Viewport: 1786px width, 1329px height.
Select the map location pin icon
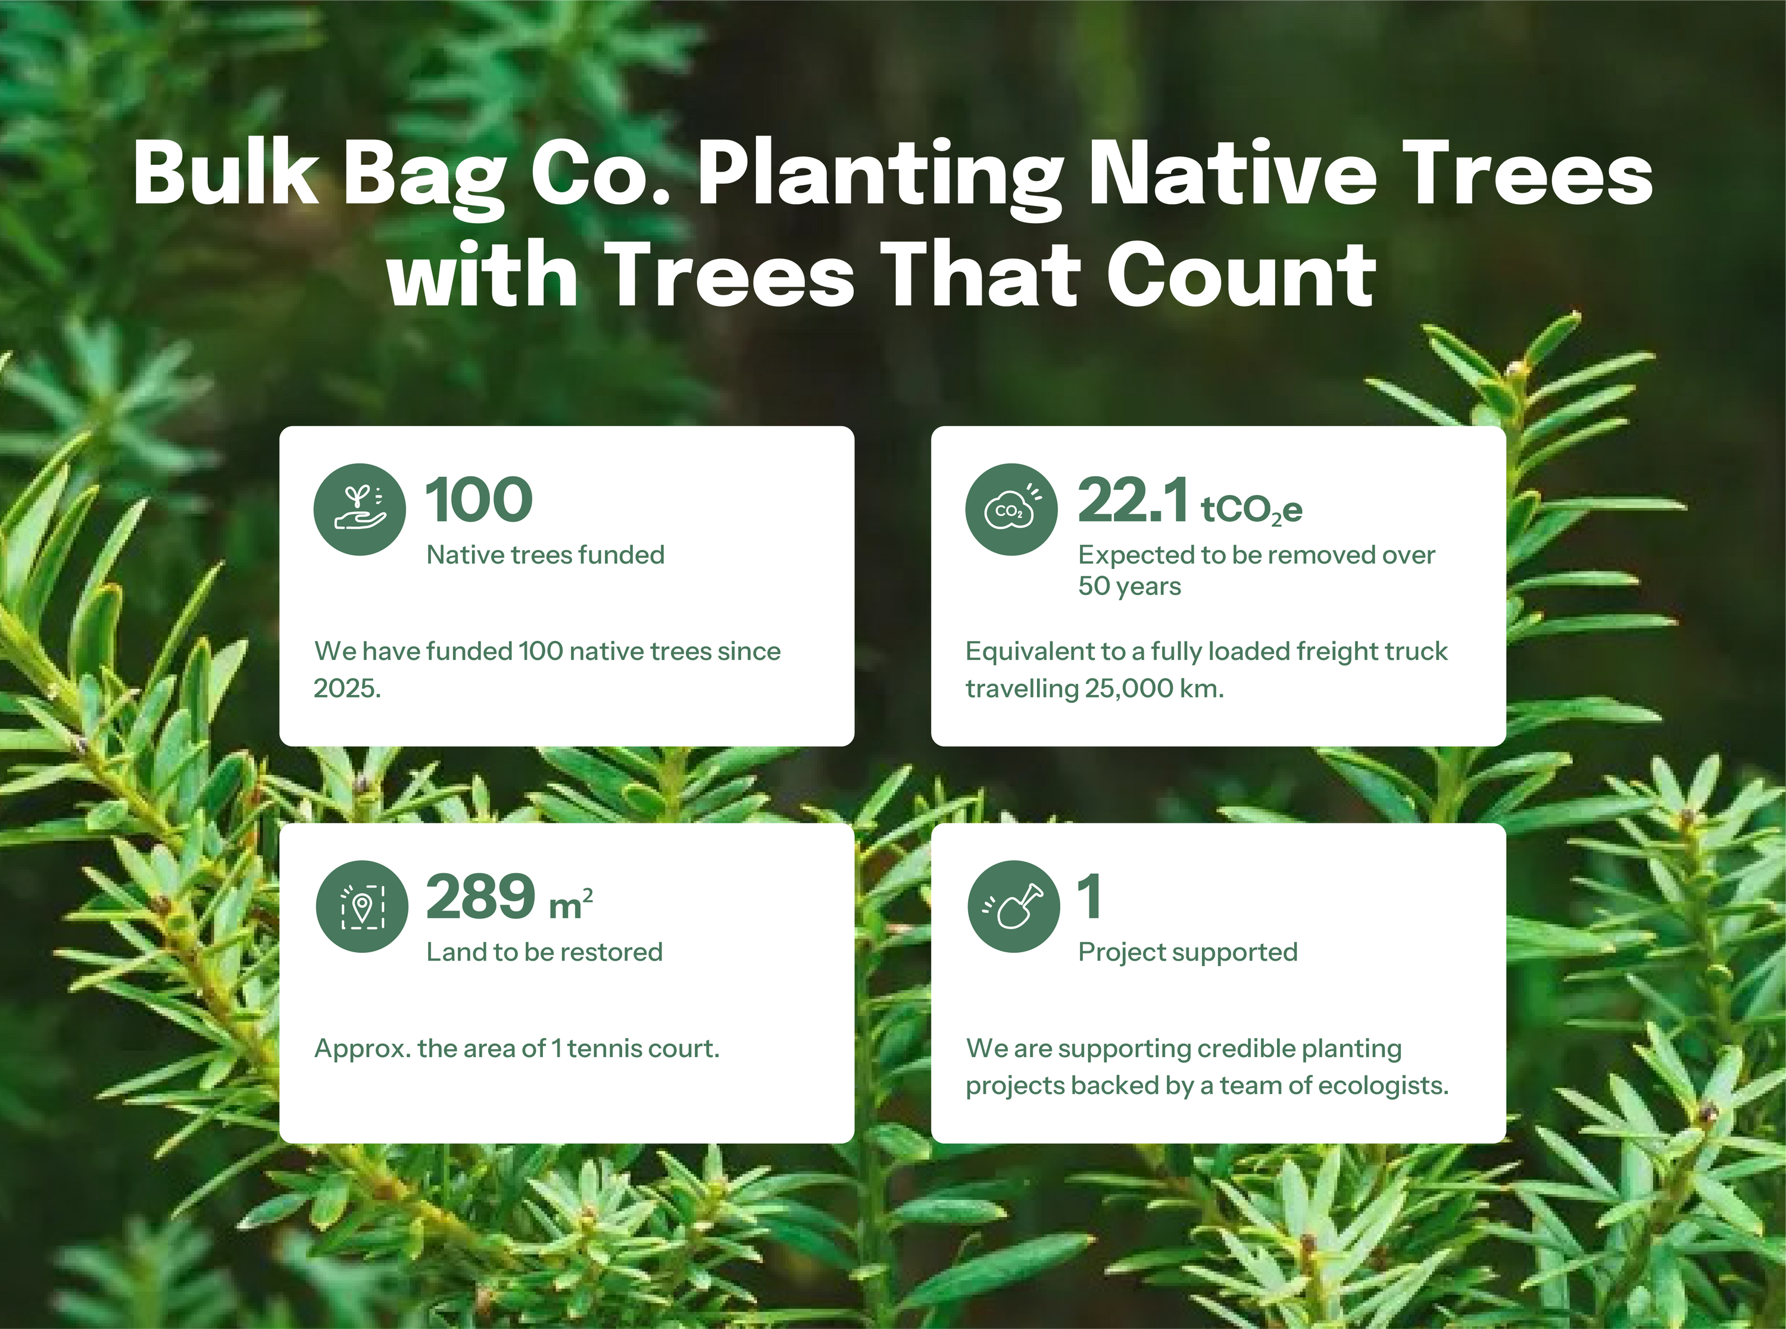point(362,906)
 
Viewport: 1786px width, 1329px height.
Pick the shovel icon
point(1014,906)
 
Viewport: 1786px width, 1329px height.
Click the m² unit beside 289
point(571,903)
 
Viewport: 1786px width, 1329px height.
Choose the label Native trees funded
point(545,555)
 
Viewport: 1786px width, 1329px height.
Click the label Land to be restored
point(545,952)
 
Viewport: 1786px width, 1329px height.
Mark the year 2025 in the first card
point(346,689)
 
